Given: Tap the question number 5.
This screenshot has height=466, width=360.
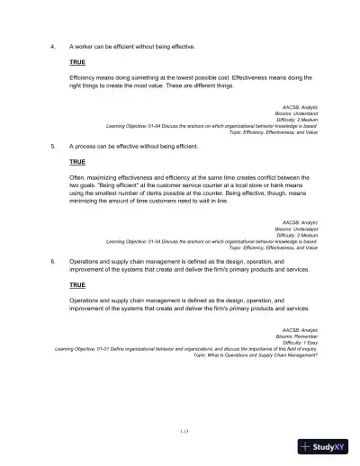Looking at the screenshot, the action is pos(54,145).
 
